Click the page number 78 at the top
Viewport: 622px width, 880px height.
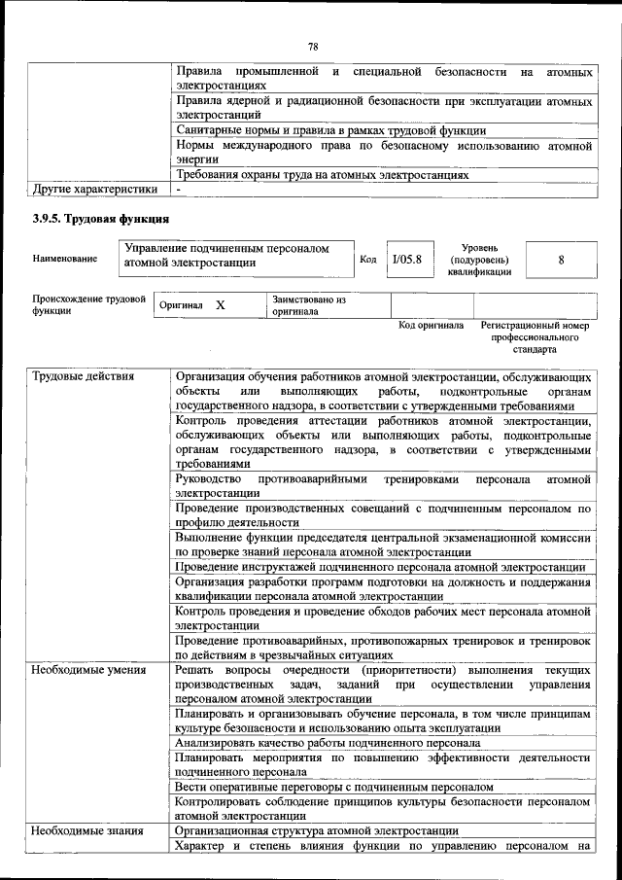point(313,47)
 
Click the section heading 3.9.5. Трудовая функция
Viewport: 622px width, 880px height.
point(102,219)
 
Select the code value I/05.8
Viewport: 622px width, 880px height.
point(406,260)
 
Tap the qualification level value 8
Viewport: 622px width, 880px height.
point(561,260)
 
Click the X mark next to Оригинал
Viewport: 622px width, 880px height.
point(221,305)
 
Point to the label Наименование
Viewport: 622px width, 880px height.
point(64,260)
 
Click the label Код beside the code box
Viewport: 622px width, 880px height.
point(368,260)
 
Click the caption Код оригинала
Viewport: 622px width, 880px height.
point(432,326)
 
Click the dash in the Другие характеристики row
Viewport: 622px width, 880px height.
point(180,189)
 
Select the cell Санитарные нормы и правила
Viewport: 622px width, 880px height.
point(330,129)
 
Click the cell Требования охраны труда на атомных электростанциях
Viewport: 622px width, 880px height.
point(323,175)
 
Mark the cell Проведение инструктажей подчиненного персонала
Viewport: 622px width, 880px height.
point(380,567)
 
